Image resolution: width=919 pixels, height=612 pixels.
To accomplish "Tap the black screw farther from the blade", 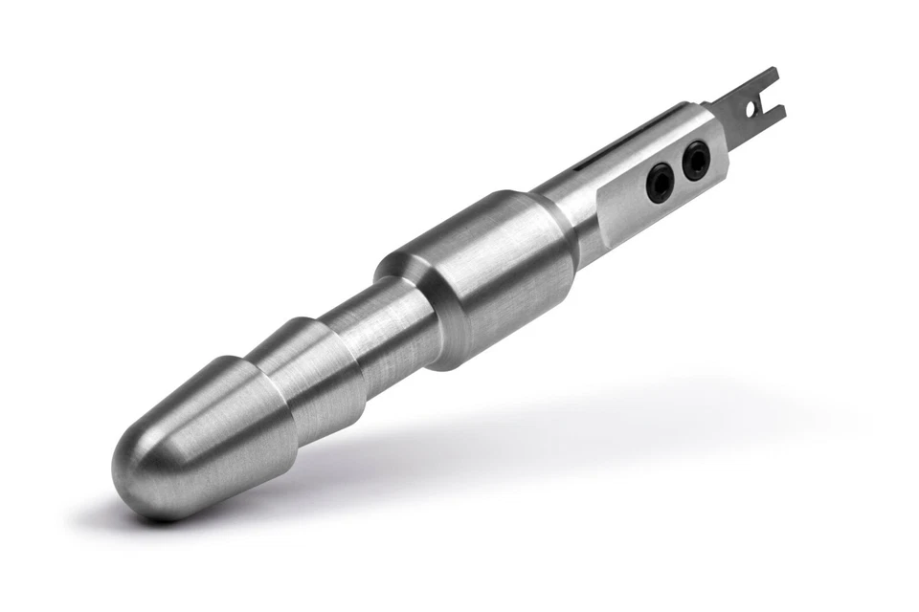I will pyautogui.click(x=660, y=181).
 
